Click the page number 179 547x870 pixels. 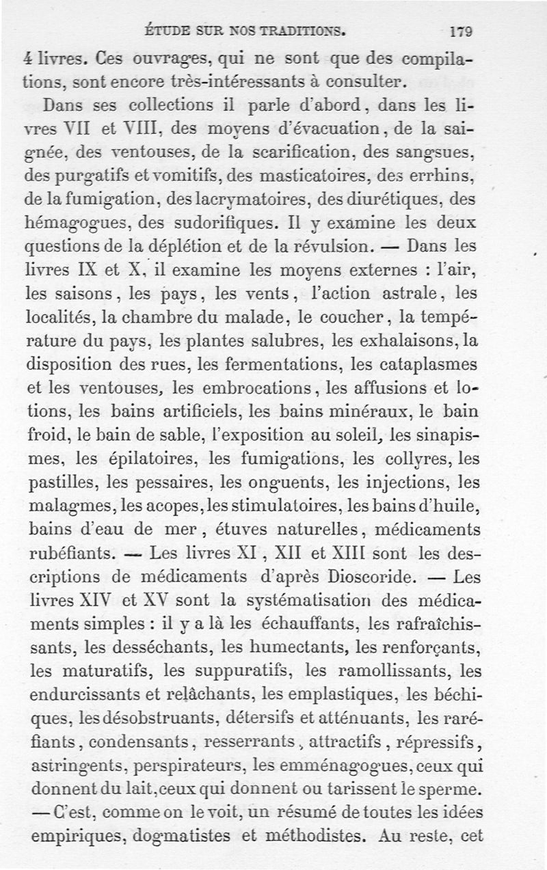[462, 31]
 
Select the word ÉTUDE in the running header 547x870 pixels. [168, 31]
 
